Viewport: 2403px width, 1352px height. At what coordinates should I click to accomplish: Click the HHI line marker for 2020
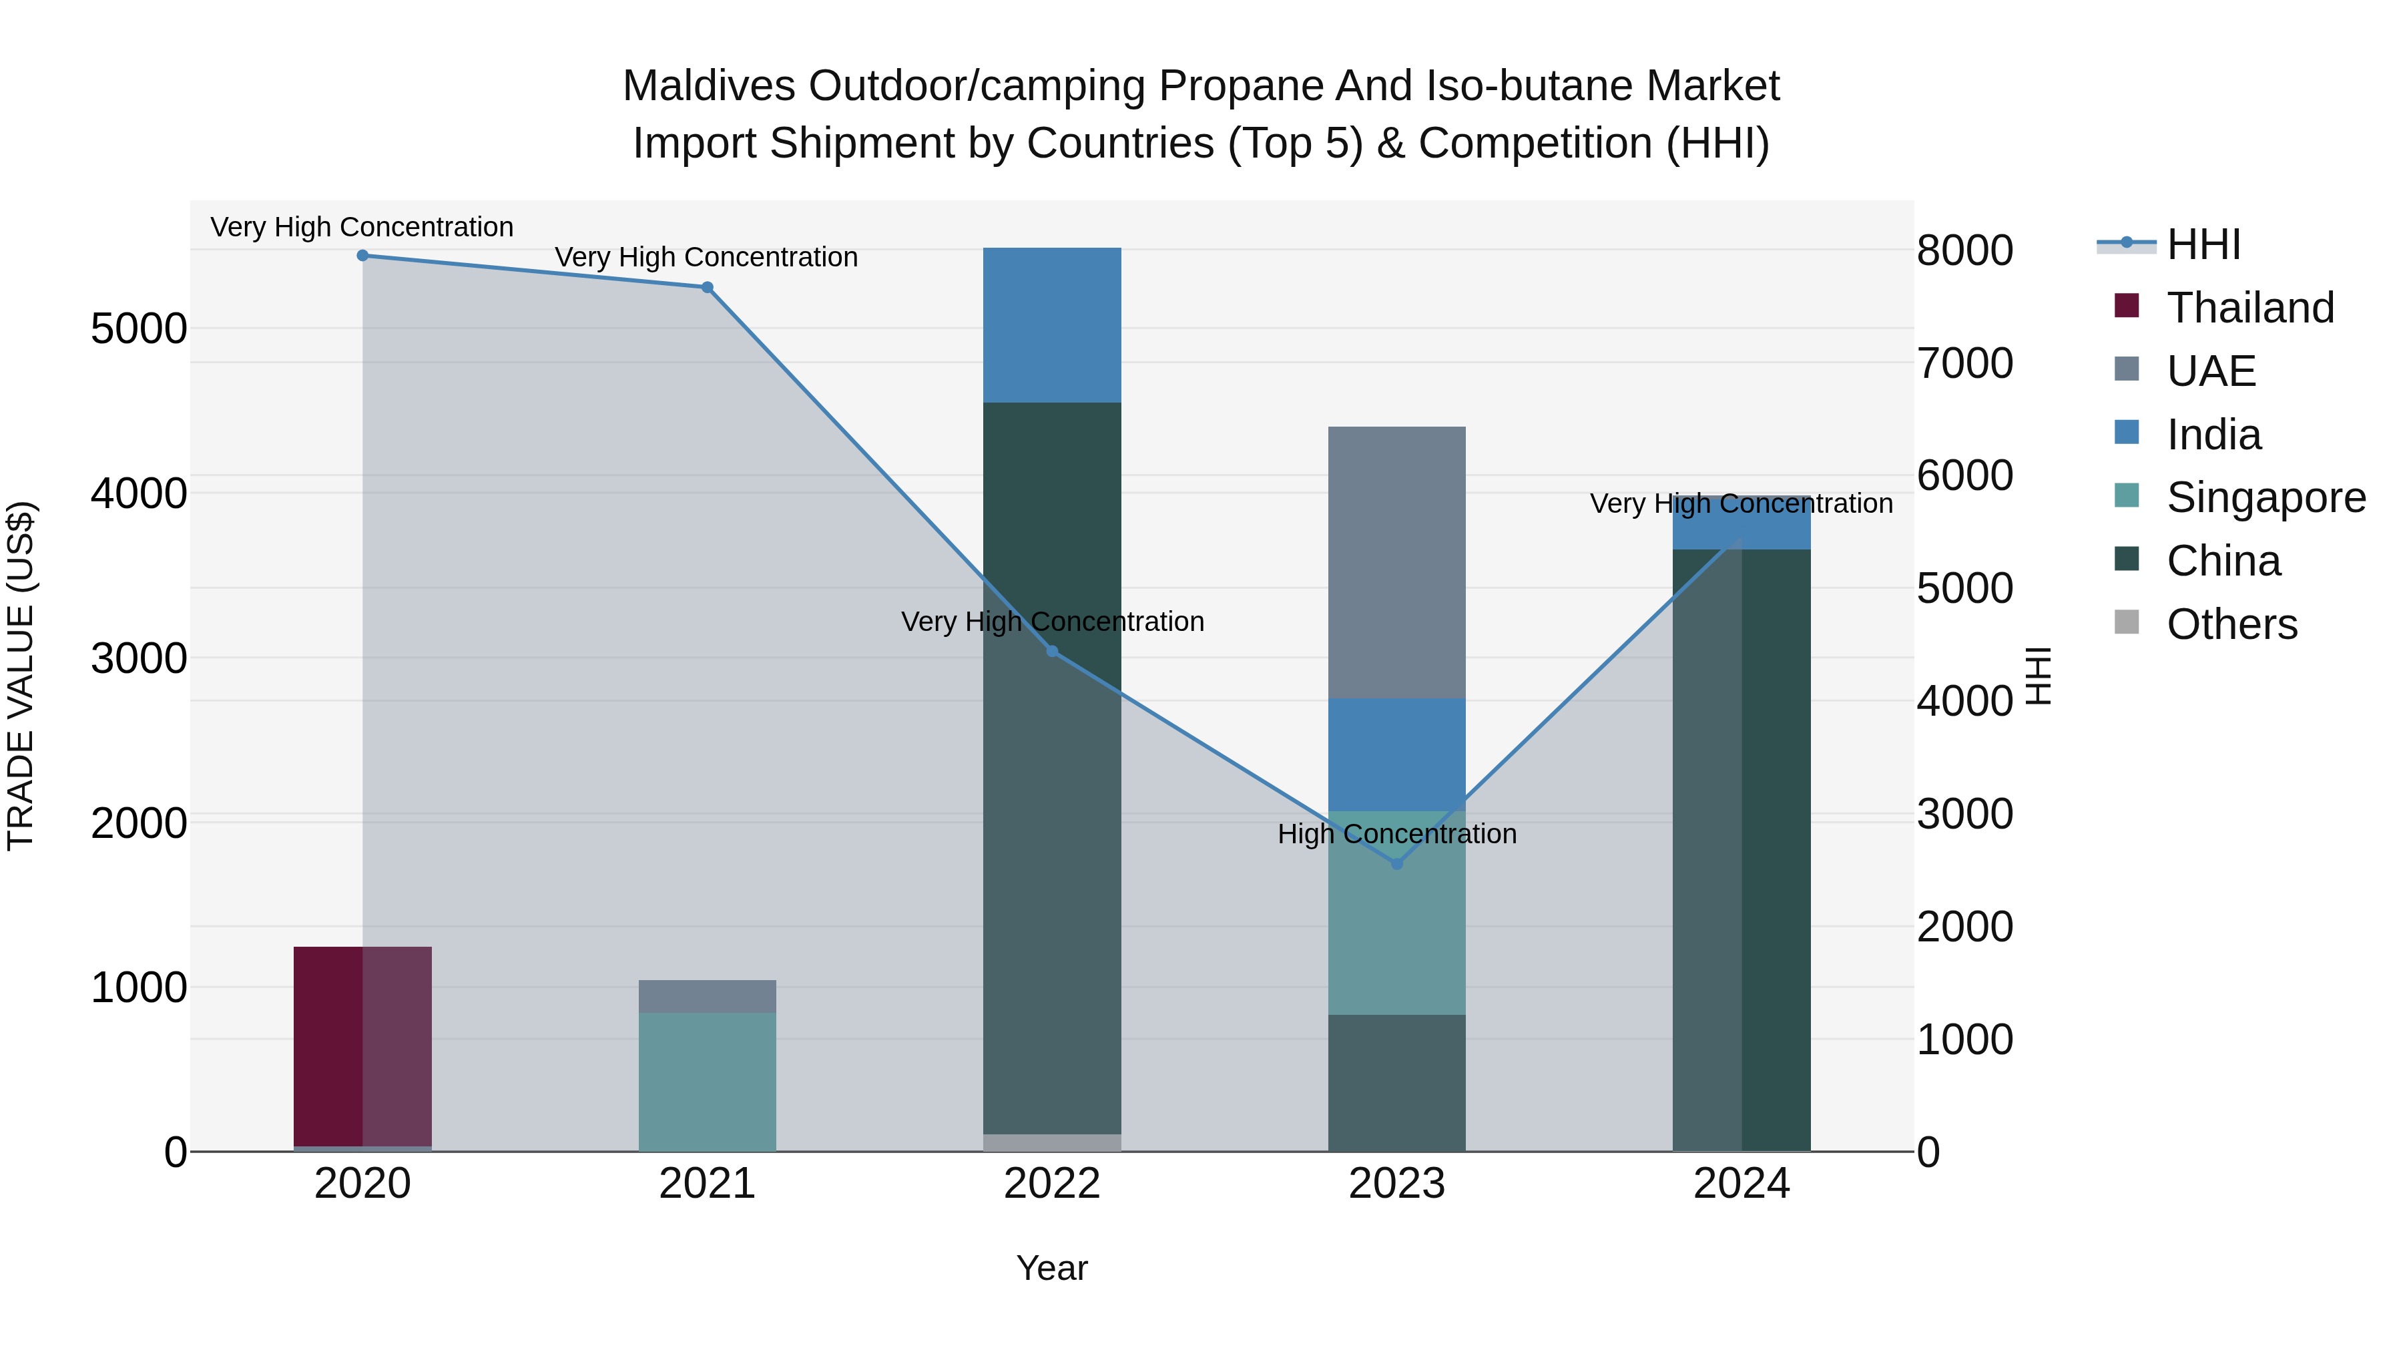tap(363, 256)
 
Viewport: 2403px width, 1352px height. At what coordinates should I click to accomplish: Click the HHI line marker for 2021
tap(707, 287)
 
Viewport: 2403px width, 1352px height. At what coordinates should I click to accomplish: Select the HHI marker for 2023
tap(1396, 864)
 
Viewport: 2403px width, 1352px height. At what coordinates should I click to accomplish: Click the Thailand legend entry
tap(2248, 308)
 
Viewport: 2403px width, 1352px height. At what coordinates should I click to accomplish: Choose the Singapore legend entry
tap(2264, 497)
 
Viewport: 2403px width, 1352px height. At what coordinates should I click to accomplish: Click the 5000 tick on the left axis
tap(138, 328)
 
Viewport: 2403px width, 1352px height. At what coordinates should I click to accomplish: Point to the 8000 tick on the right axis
tap(1964, 250)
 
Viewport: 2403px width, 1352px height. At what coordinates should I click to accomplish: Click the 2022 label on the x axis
tap(1052, 1184)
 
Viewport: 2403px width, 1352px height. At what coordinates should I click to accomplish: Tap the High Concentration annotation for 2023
tap(1396, 833)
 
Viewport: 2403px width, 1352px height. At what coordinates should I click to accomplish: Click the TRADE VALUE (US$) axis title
tap(21, 676)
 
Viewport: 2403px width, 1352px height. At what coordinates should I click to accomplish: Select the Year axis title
tap(1052, 1268)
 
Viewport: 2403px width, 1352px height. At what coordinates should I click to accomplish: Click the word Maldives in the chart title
tap(708, 86)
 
